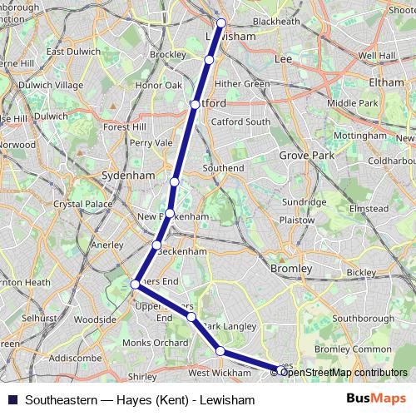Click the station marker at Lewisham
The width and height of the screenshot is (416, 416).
pos(221,23)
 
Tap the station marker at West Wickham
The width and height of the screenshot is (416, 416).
pos(220,351)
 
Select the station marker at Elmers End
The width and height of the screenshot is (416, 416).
pos(135,285)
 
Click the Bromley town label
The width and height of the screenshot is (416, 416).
pos(291,269)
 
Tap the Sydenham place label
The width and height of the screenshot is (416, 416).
pos(127,176)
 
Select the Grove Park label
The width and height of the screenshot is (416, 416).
pos(305,156)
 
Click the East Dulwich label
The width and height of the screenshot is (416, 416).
pos(68,52)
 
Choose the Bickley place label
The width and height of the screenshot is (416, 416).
pos(361,272)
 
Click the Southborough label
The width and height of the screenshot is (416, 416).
pos(364,318)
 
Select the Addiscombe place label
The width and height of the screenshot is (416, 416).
pos(75,358)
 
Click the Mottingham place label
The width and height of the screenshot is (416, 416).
pos(356,133)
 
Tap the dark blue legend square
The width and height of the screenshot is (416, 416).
pos(12,398)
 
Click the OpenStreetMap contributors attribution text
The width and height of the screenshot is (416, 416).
pos(344,372)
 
